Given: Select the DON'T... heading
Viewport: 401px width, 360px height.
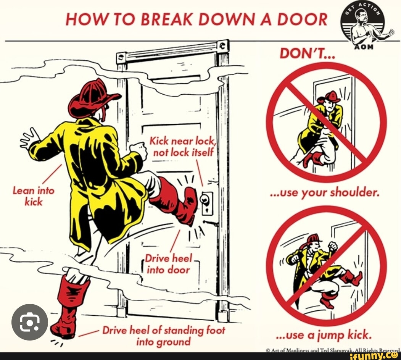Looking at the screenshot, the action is pyautogui.click(x=307, y=53).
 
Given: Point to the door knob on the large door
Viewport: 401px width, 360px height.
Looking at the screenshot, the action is pyautogui.click(x=205, y=199).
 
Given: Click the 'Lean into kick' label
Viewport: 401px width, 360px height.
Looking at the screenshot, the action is pyautogui.click(x=34, y=196).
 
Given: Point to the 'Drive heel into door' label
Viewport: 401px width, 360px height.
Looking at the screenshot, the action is pyautogui.click(x=168, y=264).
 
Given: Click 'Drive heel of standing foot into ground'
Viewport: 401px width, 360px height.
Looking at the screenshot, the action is pyautogui.click(x=164, y=336).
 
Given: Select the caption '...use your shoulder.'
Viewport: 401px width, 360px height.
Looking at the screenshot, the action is pyautogui.click(x=325, y=192).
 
